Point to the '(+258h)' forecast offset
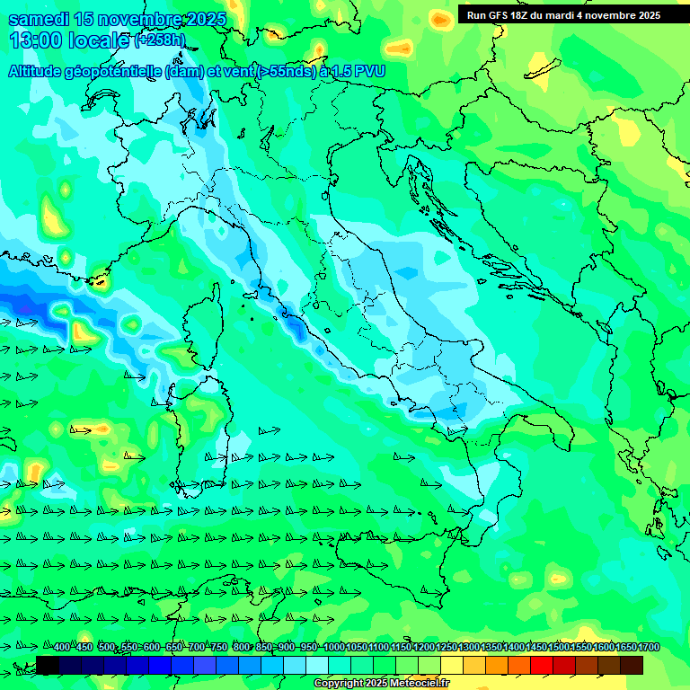[x=160, y=40]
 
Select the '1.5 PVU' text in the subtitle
[x=360, y=71]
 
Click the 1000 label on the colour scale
[x=333, y=647]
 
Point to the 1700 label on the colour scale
[x=649, y=647]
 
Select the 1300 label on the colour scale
[x=468, y=647]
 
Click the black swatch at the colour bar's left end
[x=48, y=665]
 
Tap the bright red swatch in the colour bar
[x=542, y=665]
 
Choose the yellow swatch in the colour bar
[x=452, y=665]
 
